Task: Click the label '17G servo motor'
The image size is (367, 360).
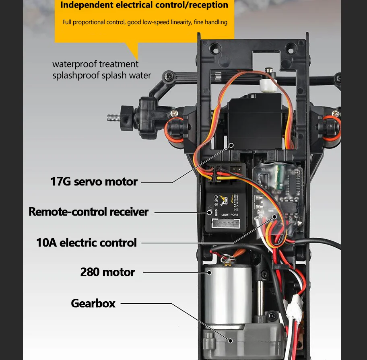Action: click(x=94, y=182)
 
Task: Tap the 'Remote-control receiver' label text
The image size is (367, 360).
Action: click(x=89, y=212)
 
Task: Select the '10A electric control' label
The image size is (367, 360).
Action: click(x=87, y=243)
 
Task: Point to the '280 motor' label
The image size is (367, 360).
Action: click(x=107, y=272)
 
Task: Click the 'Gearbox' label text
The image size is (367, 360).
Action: click(x=93, y=303)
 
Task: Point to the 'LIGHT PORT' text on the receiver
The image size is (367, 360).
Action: click(x=230, y=215)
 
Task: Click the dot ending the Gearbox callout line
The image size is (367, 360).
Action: click(x=231, y=340)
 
